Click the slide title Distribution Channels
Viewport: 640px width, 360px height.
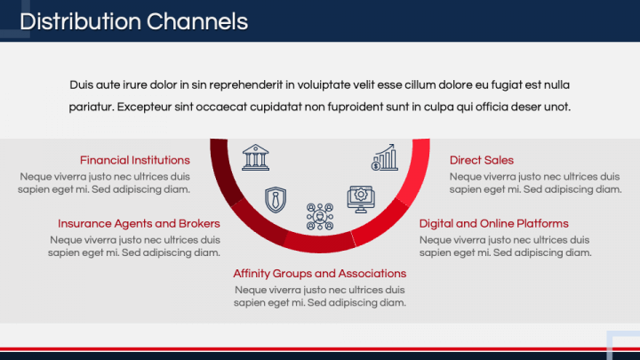click(133, 20)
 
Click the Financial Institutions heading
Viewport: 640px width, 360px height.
click(134, 160)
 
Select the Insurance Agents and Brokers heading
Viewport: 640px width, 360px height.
click(138, 223)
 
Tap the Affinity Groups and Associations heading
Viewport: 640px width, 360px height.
click(319, 273)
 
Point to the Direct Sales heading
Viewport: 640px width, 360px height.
click(481, 160)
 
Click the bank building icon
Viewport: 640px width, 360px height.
click(256, 156)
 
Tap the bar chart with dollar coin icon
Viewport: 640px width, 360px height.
click(385, 157)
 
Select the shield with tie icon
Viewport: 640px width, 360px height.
click(276, 198)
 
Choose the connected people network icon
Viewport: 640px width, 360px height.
click(319, 217)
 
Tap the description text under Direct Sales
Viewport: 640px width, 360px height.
click(534, 182)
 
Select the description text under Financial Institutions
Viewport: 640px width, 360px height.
click(105, 182)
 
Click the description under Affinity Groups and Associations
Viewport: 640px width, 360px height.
click(319, 295)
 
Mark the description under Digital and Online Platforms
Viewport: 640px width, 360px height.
click(504, 245)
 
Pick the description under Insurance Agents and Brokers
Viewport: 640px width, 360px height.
click(134, 245)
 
